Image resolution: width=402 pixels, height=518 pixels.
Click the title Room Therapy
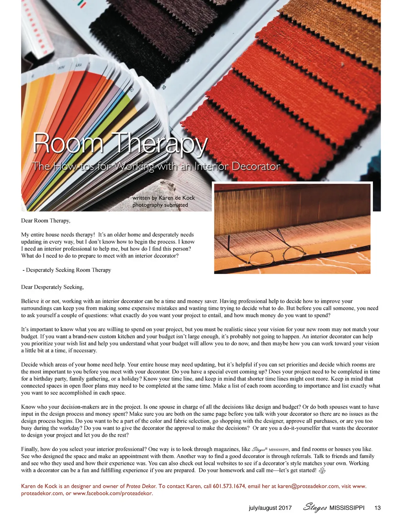(120, 143)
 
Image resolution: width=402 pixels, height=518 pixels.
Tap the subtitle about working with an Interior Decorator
(156, 166)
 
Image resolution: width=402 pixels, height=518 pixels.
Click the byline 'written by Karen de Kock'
(163, 198)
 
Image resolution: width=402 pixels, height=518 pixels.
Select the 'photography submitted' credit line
(160, 205)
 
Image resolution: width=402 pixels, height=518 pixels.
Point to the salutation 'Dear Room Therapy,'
(46, 221)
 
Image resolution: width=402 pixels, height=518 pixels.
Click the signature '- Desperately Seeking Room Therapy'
(67, 270)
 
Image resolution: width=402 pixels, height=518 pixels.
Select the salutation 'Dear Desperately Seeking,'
(52, 287)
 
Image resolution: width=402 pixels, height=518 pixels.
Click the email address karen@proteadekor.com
(308, 486)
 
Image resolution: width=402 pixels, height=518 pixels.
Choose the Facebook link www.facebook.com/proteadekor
(113, 493)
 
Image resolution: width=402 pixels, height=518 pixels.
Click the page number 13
(378, 508)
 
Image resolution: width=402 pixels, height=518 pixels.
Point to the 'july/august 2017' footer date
(270, 508)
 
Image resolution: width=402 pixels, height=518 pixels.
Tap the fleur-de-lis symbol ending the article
(322, 471)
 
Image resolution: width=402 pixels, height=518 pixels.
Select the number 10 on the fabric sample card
(164, 88)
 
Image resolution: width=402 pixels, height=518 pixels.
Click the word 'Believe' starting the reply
(30, 301)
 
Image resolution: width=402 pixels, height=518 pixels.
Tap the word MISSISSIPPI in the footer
(347, 508)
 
